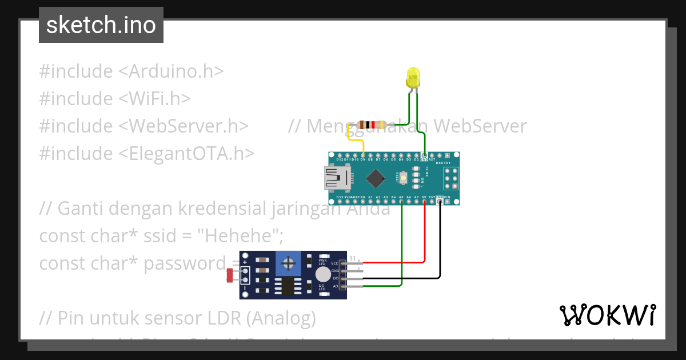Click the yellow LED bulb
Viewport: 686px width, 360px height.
click(413, 78)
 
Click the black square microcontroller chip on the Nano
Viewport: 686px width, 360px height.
click(375, 179)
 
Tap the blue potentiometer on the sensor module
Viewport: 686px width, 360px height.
click(289, 264)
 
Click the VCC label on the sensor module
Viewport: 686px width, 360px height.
click(335, 262)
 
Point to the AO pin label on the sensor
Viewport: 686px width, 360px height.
click(336, 286)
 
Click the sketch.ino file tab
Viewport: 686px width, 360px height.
click(101, 25)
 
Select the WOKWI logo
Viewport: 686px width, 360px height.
click(607, 315)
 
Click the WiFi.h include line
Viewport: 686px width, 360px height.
click(114, 98)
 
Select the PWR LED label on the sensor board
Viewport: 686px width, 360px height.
click(322, 262)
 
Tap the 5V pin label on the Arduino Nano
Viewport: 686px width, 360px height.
click(424, 197)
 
